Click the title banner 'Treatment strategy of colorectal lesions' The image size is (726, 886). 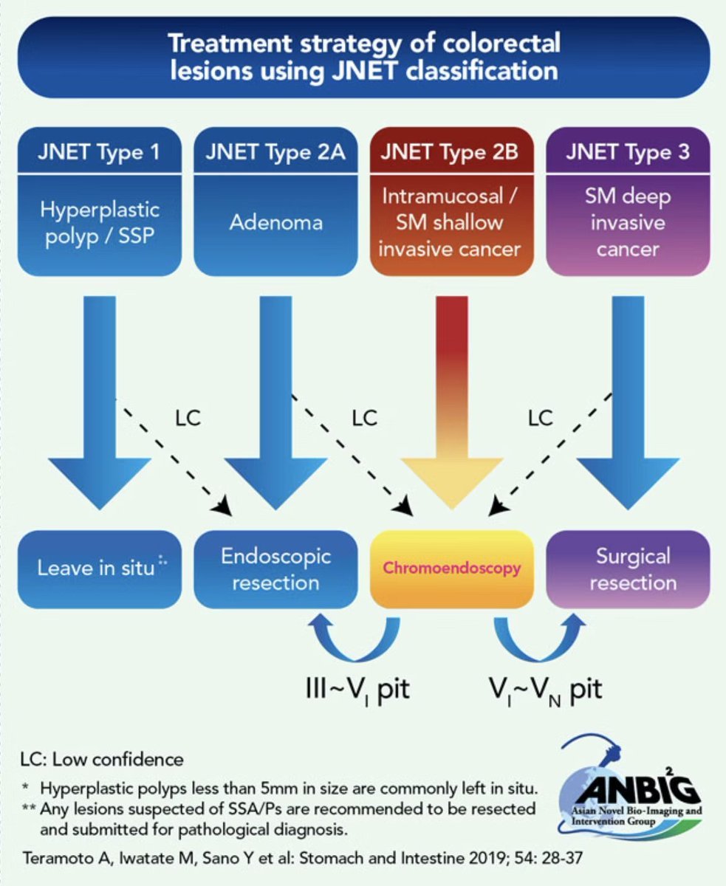pos(363,57)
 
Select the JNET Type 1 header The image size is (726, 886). pos(98,154)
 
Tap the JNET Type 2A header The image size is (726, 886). pos(275,154)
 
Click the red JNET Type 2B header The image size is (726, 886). pos(451,154)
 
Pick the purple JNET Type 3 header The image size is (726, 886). pos(627,154)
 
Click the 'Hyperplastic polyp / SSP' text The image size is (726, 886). pos(98,222)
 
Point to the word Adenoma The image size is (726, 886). pos(275,222)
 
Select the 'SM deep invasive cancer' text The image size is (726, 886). pos(627,222)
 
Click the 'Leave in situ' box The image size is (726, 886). pos(98,568)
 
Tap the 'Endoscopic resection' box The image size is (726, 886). pos(275,569)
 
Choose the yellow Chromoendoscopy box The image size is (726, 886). pos(451,569)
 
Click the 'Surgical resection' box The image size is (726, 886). pos(627,569)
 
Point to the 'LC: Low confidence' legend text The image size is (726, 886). pos(102,758)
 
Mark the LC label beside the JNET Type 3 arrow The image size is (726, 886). pos(540,418)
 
